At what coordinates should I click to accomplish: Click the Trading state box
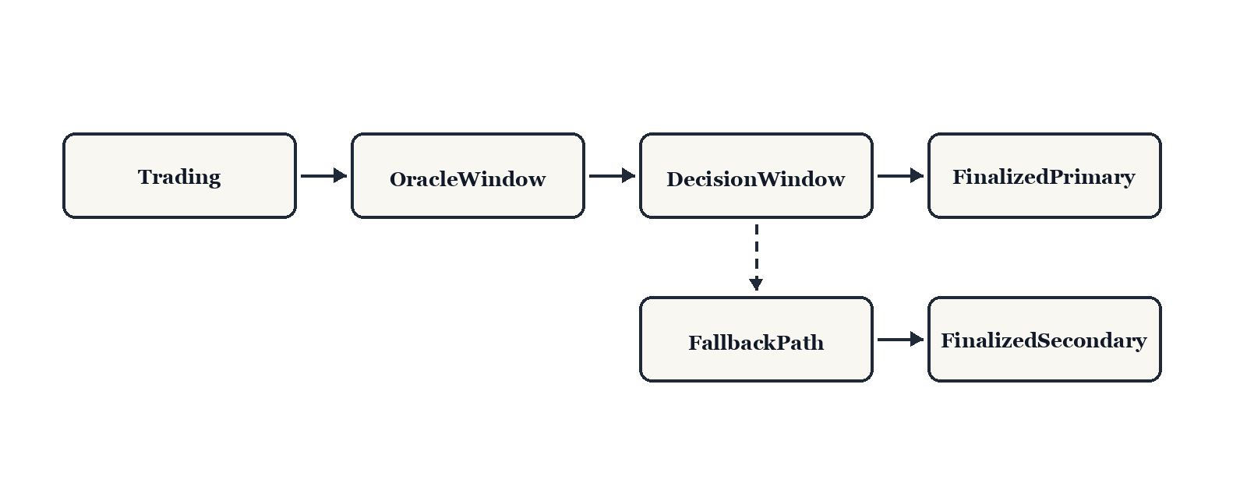[x=179, y=176]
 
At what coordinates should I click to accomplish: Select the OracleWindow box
[x=468, y=176]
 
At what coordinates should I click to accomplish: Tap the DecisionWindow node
[x=756, y=176]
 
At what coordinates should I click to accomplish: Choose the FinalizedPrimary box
[x=1044, y=176]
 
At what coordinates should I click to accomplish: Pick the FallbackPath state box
[x=756, y=340]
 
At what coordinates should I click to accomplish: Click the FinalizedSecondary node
[x=1044, y=340]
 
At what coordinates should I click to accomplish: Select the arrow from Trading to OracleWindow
[x=321, y=176]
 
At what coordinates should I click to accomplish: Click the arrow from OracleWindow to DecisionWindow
[x=609, y=176]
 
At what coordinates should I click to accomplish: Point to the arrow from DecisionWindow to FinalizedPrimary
[x=898, y=176]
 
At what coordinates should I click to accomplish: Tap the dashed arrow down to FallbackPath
[x=756, y=253]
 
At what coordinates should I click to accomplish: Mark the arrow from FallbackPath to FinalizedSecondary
[x=898, y=340]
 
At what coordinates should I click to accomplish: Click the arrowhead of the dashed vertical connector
[x=756, y=284]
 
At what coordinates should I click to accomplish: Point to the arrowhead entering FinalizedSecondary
[x=917, y=340]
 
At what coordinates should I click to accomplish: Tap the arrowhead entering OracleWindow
[x=341, y=176]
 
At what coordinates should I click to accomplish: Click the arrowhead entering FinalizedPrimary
[x=917, y=176]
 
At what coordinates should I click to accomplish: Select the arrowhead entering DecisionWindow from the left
[x=629, y=176]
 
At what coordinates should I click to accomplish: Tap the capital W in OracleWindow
[x=470, y=179]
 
